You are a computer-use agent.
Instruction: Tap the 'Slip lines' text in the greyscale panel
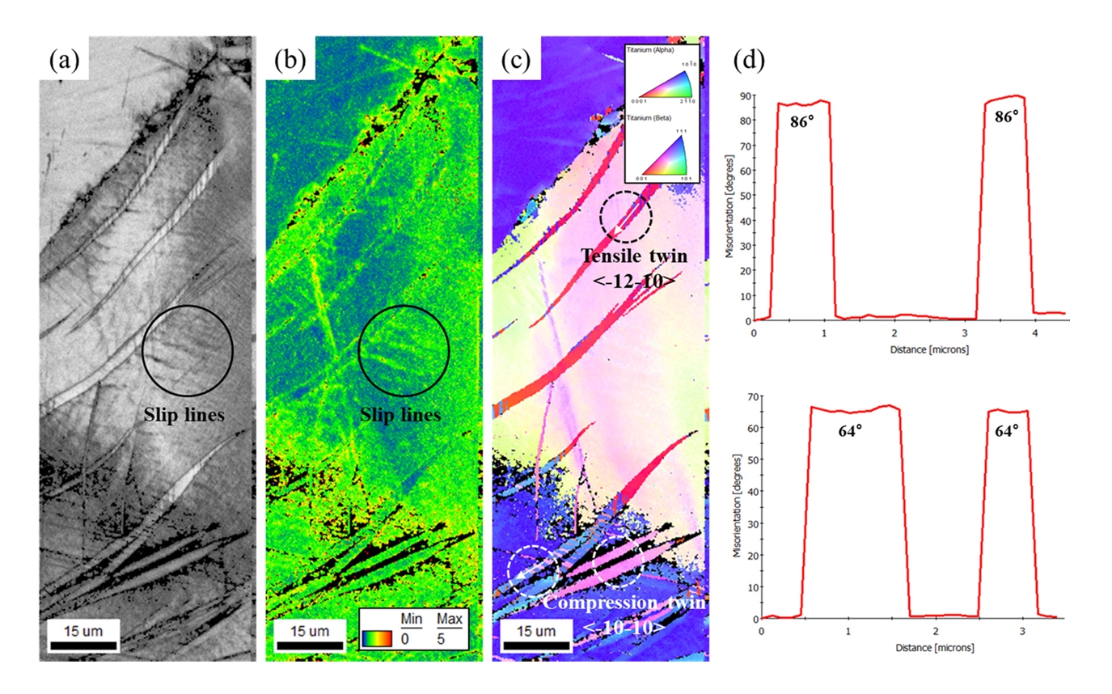click(x=184, y=416)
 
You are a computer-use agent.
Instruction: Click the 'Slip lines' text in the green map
click(x=400, y=416)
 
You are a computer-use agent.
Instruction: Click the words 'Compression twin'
click(x=625, y=604)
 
